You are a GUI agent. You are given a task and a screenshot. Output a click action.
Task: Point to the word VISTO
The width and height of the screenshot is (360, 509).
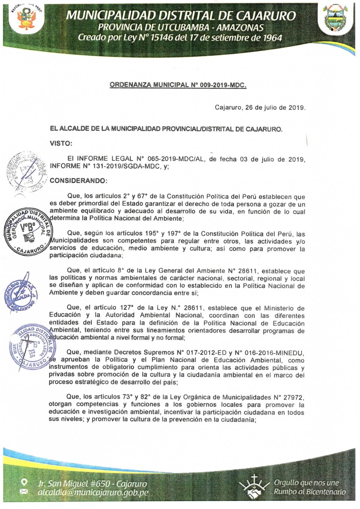[61, 142]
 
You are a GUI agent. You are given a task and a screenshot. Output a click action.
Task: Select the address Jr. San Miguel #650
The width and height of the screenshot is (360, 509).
[77, 484]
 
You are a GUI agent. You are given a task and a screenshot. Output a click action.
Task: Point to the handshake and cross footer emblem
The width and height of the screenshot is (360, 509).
[254, 487]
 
